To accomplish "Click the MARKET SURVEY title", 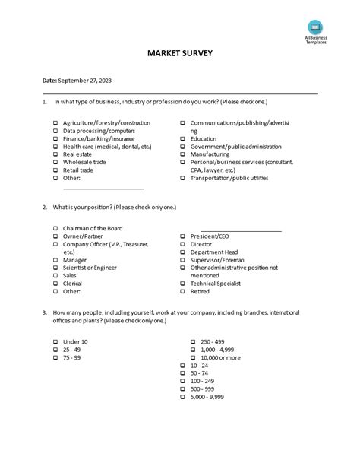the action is click(180, 54).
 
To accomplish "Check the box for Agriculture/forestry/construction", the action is click(55, 122).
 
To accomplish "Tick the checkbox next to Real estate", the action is click(55, 154).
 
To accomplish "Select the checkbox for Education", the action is click(183, 139).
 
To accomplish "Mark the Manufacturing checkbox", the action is click(183, 154).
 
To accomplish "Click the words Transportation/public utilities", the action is click(229, 178).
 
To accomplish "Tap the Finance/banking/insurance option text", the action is click(99, 138).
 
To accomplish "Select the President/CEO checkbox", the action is click(183, 236).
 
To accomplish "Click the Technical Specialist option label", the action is click(216, 284).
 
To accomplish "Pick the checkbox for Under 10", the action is click(55, 342).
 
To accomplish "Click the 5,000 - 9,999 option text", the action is click(207, 397).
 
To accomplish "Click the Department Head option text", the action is click(214, 252).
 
